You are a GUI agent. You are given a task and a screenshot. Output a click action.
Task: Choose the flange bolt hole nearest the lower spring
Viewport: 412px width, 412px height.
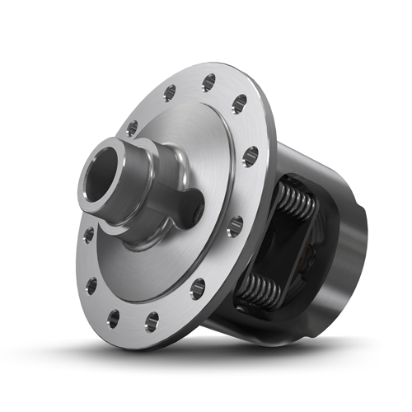(198, 289)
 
